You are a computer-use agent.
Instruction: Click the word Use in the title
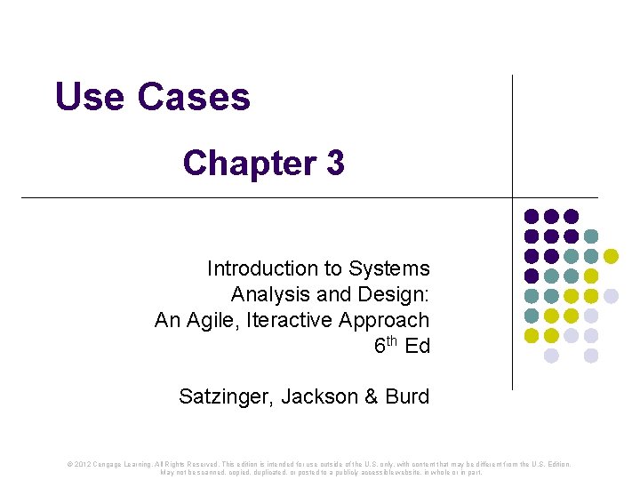tap(90, 97)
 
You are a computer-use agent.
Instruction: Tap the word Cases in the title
tap(193, 97)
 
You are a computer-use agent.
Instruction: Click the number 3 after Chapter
tap(335, 164)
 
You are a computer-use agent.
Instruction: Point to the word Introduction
tap(263, 268)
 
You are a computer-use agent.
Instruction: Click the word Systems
tap(389, 268)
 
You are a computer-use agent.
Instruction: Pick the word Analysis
tap(268, 294)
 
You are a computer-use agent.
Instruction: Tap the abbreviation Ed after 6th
tap(418, 346)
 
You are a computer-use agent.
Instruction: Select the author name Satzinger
tap(226, 396)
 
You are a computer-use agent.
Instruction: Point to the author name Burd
tap(409, 396)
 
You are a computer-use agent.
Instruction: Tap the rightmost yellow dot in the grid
tap(611, 256)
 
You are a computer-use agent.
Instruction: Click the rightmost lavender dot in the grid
tap(611, 296)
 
